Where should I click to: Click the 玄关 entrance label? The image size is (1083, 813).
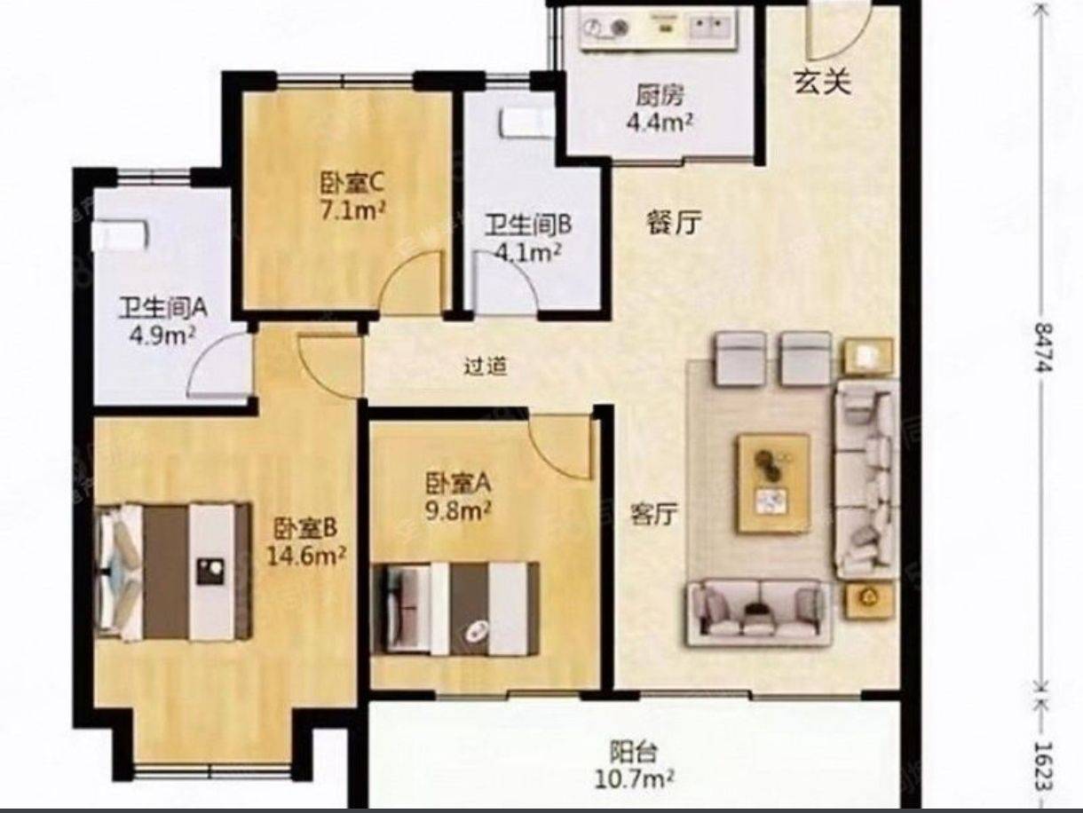(822, 82)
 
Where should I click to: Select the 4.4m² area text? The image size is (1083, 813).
(660, 122)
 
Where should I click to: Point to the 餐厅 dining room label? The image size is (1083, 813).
(674, 224)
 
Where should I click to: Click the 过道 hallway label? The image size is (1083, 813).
(486, 367)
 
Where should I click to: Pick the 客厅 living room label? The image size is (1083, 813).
(654, 515)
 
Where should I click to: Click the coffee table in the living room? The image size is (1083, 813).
(773, 484)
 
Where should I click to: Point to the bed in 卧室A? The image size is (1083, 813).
(454, 610)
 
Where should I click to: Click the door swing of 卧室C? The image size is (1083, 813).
(411, 282)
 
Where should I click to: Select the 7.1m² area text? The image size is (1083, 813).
(352, 211)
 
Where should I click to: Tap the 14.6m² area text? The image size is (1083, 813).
(306, 556)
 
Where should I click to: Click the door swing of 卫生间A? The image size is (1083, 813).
(218, 364)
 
